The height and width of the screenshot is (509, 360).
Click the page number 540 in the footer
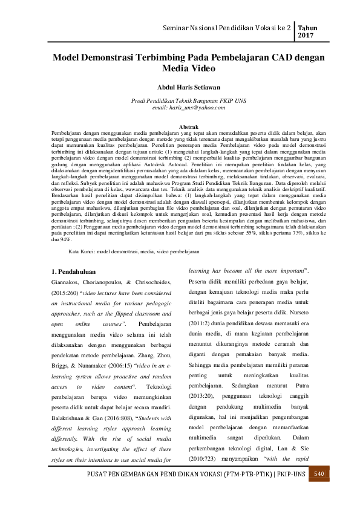coord(338,489)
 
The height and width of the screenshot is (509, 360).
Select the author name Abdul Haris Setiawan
coord(180,86)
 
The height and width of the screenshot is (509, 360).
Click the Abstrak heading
coord(180,126)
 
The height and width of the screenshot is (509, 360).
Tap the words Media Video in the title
coord(180,69)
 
